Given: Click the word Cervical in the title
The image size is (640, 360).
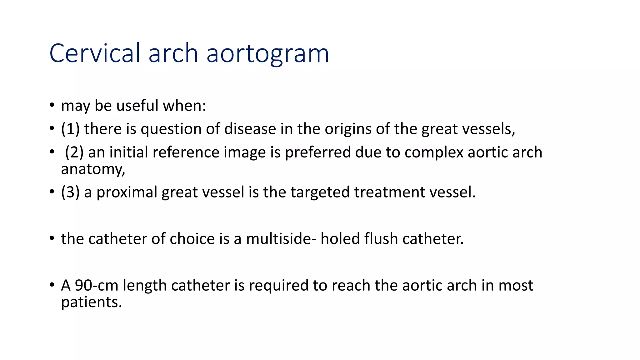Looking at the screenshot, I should [95, 53].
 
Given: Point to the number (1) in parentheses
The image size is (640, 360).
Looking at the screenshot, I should [70, 129].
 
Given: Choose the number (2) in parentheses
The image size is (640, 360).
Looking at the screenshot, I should [74, 152].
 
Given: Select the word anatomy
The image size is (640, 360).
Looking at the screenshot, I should [93, 169].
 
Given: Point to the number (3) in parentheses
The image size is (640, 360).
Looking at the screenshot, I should [70, 192].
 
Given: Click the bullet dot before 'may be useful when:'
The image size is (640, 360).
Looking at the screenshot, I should [52, 105].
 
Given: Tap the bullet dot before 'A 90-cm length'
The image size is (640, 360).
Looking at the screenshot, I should [52, 285].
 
